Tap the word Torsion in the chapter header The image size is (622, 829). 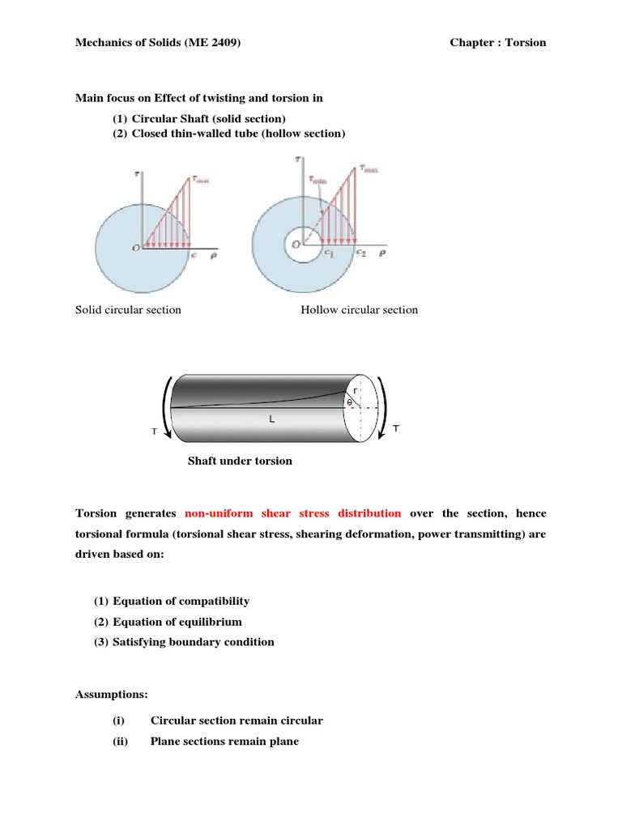(526, 42)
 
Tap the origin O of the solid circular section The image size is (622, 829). (135, 248)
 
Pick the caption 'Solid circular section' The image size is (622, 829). (128, 310)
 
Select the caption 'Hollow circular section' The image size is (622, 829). (360, 310)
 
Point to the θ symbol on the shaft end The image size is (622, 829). (349, 402)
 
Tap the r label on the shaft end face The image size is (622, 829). (356, 390)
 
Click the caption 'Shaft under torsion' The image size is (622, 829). (240, 461)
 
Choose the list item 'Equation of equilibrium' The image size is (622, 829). (177, 622)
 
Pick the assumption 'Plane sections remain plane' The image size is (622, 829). (224, 741)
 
